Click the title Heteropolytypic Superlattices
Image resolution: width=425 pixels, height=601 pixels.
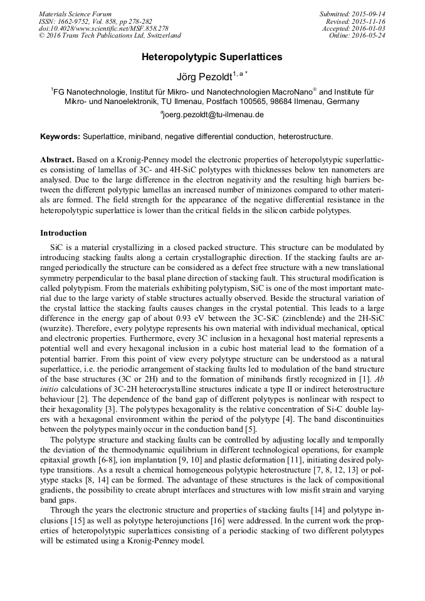pos(212,57)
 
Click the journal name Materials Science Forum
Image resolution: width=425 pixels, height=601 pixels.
pos(75,14)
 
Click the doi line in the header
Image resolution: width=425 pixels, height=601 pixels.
pos(103,29)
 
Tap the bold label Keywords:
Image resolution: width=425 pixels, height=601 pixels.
pos(60,136)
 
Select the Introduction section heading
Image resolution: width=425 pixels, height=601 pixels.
pos(63,233)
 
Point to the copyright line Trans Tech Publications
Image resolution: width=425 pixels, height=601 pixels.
pos(110,36)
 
